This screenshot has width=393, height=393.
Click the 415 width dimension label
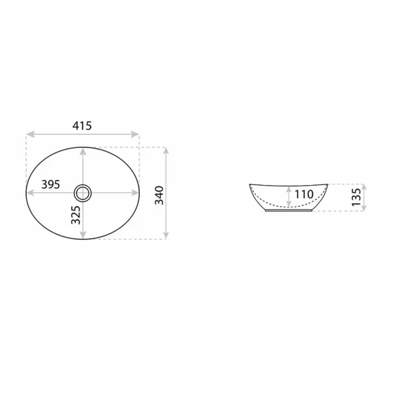tap(82, 126)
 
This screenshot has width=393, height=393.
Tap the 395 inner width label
tap(51, 184)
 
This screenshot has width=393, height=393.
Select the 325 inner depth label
tap(76, 215)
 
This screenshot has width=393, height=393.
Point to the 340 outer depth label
tap(159, 196)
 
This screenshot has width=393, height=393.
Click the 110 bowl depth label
tap(304, 194)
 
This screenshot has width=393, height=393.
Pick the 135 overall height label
tap(356, 197)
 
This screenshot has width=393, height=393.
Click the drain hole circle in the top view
tap(83, 194)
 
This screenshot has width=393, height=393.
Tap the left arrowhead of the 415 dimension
tap(30, 134)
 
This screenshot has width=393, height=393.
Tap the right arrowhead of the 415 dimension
tap(135, 134)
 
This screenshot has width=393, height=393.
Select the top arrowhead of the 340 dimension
tap(166, 151)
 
